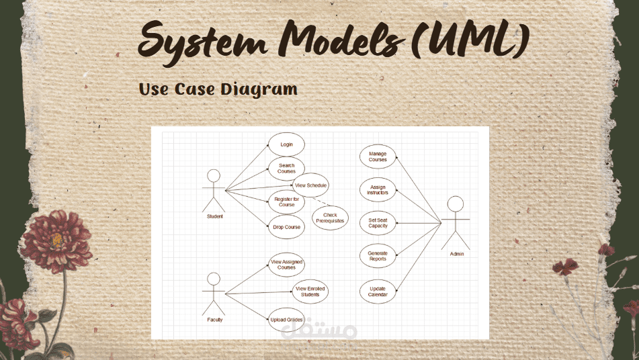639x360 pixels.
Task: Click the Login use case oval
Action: (x=286, y=144)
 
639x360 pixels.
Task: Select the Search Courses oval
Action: (x=286, y=168)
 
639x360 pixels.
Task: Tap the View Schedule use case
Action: (x=310, y=185)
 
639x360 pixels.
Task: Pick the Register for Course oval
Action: (x=286, y=201)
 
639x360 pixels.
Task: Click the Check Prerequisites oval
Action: (x=330, y=218)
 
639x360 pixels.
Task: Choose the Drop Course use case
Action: (x=286, y=227)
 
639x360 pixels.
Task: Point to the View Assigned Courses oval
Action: (x=286, y=265)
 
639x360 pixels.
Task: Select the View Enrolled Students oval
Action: (x=310, y=291)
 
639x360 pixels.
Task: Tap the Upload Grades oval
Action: (x=286, y=319)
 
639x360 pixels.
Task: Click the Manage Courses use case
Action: (x=378, y=157)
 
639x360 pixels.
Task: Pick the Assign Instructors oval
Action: (x=378, y=190)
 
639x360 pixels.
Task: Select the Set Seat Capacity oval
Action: (x=378, y=223)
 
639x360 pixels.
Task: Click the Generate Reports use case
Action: (x=378, y=256)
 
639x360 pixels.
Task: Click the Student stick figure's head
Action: (x=214, y=176)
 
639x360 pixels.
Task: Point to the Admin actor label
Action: (x=456, y=254)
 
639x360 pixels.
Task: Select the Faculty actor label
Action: (x=214, y=320)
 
